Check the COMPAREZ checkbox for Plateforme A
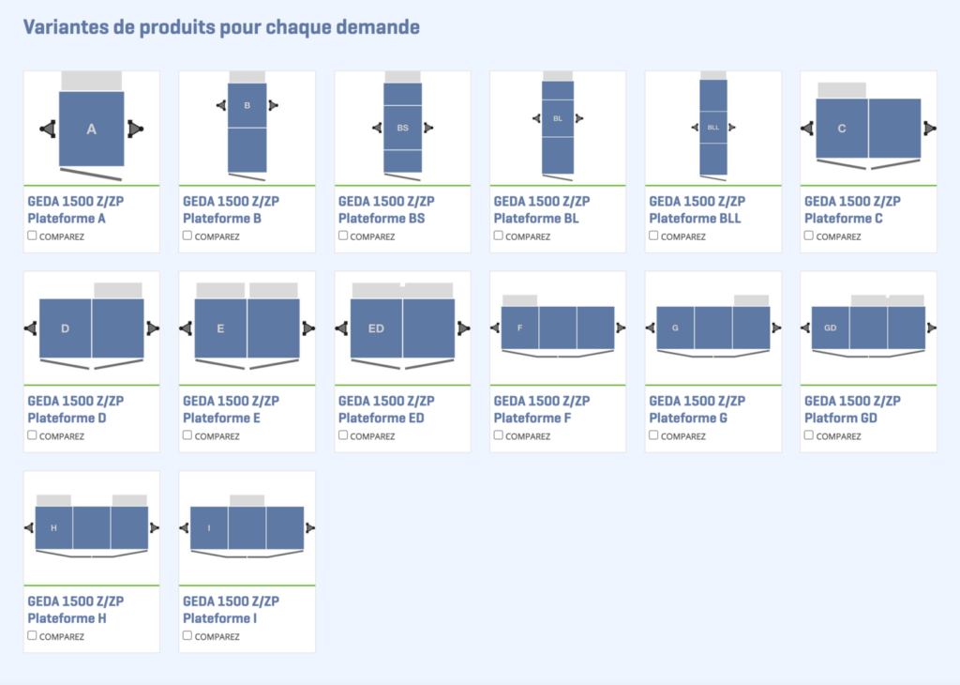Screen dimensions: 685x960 point(33,236)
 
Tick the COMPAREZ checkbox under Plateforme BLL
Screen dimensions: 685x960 point(653,236)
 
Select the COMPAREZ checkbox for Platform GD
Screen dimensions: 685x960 point(809,434)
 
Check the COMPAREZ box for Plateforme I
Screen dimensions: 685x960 point(187,635)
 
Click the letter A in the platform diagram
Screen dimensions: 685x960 point(91,129)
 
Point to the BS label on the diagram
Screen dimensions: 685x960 point(402,128)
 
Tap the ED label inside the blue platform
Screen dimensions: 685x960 point(376,328)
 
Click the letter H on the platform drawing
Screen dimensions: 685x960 point(53,528)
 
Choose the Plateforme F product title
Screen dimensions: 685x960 point(532,418)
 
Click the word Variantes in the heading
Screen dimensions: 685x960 point(64,27)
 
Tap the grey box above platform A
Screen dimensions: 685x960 point(91,81)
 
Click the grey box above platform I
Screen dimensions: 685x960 point(247,500)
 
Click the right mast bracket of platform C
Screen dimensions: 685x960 point(929,128)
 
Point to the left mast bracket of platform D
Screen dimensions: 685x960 point(32,327)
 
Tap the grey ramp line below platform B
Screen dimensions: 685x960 point(247,175)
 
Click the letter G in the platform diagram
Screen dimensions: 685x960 point(675,327)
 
